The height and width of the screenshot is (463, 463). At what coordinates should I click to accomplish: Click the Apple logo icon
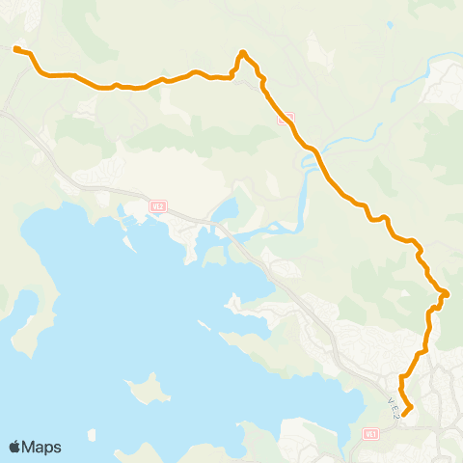[x=15, y=447]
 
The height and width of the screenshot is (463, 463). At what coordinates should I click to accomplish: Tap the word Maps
[x=42, y=447]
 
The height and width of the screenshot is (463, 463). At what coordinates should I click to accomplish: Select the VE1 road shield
[x=370, y=435]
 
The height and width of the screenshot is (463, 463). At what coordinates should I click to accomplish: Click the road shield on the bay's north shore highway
[x=158, y=205]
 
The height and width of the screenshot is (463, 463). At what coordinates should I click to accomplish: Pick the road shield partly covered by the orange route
[x=285, y=118]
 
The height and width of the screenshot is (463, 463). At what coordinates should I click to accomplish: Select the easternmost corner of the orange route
[x=448, y=293]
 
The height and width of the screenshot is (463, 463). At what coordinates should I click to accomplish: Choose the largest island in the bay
[x=147, y=390]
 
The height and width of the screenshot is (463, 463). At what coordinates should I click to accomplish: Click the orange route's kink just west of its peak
[x=233, y=70]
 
